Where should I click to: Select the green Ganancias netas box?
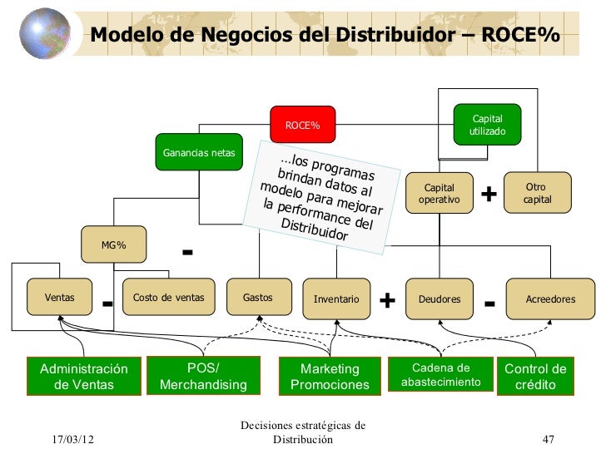pyautogui.click(x=199, y=153)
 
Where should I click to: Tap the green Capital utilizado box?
pyautogui.click(x=487, y=126)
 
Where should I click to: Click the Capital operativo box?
pyautogui.click(x=440, y=194)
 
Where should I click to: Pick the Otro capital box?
pyautogui.click(x=537, y=193)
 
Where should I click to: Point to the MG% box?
pyautogui.click(x=114, y=244)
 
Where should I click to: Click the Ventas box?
pyautogui.click(x=59, y=298)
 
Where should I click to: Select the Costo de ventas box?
pyautogui.click(x=168, y=298)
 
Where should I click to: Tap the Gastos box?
pyautogui.click(x=257, y=298)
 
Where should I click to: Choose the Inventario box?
pyautogui.click(x=336, y=299)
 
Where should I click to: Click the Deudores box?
pyautogui.click(x=440, y=299)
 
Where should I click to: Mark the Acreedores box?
pyautogui.click(x=550, y=299)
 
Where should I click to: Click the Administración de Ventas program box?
pyautogui.click(x=84, y=377)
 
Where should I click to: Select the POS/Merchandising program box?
pyautogui.click(x=203, y=377)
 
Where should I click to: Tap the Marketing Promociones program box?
pyautogui.click(x=330, y=377)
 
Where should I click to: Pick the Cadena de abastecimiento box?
pyautogui.click(x=441, y=375)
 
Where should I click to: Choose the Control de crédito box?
pyautogui.click(x=536, y=377)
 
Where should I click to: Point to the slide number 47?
pyautogui.click(x=548, y=439)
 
